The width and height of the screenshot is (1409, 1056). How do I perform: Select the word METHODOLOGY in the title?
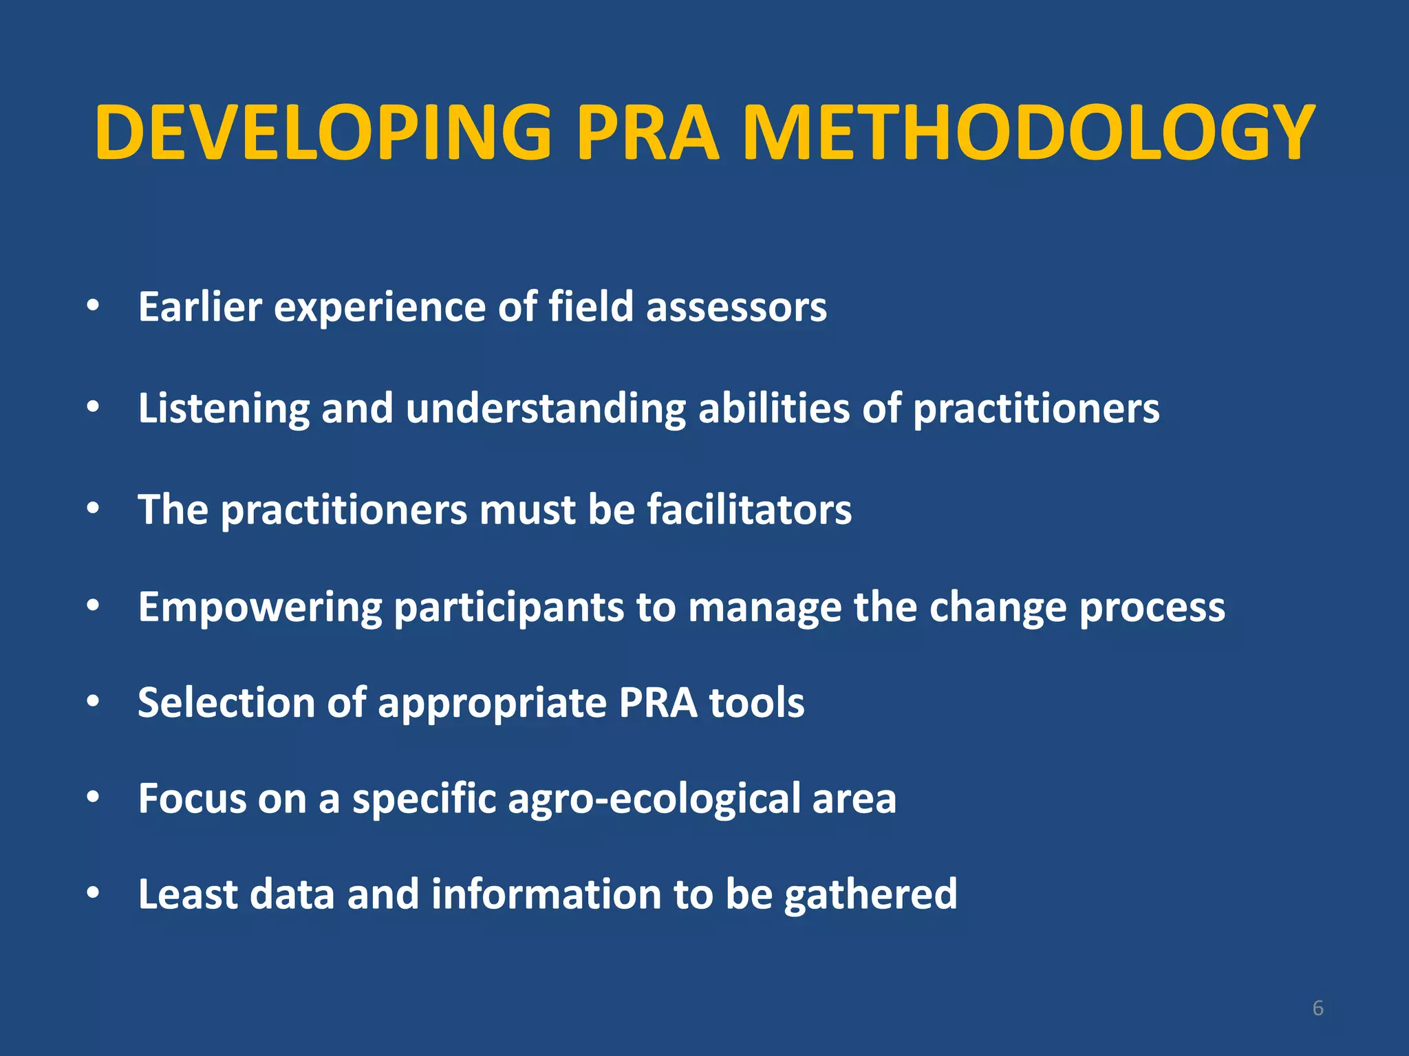coord(1029,132)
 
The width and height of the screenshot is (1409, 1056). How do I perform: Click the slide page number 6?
coord(1317,1008)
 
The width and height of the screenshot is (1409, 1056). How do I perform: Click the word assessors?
coord(736,308)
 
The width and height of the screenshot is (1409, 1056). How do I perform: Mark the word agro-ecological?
coord(654,799)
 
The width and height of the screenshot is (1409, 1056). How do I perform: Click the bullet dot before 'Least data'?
coord(94,893)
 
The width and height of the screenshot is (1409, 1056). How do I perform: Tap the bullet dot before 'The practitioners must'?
coord(94,509)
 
